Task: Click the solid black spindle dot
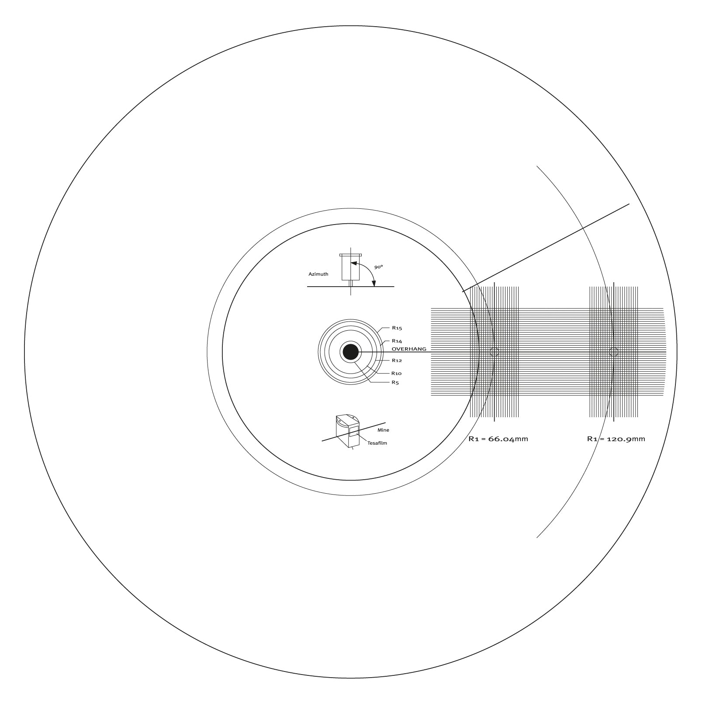tap(350, 352)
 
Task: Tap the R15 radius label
tap(397, 328)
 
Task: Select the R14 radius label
tap(397, 341)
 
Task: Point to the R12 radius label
tap(397, 360)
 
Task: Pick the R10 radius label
tap(396, 374)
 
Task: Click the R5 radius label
tap(395, 383)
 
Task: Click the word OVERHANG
tap(409, 349)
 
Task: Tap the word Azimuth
tap(318, 274)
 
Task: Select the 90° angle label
tap(378, 266)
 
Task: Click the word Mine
tap(383, 430)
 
